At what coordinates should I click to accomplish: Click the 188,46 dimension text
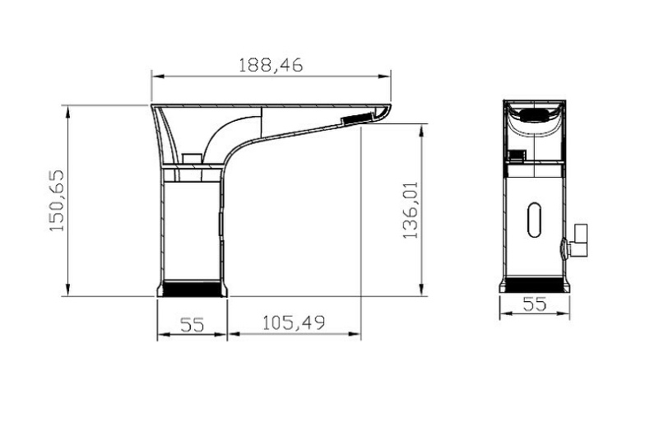(x=271, y=66)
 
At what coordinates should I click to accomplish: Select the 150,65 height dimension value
(x=57, y=201)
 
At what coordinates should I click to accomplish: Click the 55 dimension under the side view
(x=192, y=323)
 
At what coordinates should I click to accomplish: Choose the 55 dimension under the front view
(x=535, y=303)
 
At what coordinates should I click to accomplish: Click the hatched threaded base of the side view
(x=191, y=289)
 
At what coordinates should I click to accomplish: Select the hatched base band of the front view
(x=535, y=284)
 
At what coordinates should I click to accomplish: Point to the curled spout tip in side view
(x=385, y=111)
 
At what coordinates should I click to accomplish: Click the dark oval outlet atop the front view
(x=535, y=115)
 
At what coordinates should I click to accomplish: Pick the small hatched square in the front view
(x=517, y=153)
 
